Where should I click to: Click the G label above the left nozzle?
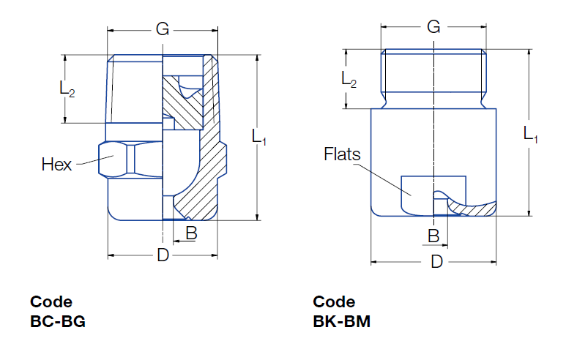163,29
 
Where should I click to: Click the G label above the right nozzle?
433,27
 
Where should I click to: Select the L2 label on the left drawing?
67,89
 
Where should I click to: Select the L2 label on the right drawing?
349,79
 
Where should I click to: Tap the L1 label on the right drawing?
531,134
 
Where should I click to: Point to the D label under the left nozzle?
163,255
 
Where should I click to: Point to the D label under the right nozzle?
436,261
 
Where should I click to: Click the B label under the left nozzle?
190,233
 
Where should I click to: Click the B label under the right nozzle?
433,236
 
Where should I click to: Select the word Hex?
56,165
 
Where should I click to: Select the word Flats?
343,155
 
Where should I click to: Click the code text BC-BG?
58,321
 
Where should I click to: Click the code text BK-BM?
341,321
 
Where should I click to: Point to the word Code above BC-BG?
51,301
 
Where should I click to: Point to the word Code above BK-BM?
334,301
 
